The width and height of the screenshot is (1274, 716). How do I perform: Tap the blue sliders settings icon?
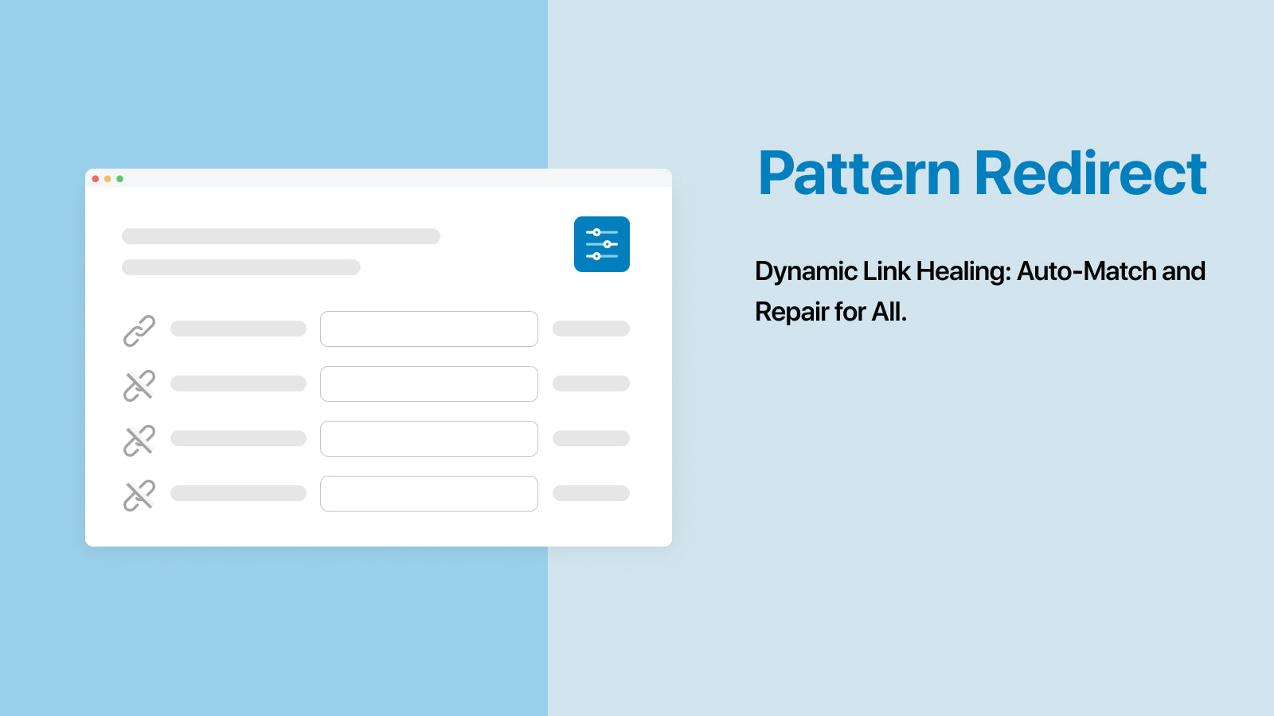(x=602, y=244)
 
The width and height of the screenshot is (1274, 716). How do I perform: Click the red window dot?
(x=96, y=179)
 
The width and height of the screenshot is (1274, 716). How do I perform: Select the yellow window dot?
(x=107, y=179)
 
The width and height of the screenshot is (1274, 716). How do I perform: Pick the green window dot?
(x=119, y=179)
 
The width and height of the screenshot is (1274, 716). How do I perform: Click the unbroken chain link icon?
(x=139, y=331)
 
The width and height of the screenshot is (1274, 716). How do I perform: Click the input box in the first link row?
(x=429, y=329)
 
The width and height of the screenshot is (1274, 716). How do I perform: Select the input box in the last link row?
(x=429, y=494)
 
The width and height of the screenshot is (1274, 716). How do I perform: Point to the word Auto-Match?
(x=1086, y=271)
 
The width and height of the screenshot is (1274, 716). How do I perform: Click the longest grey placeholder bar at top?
(x=281, y=236)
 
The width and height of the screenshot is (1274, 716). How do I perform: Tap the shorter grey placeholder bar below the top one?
(x=241, y=267)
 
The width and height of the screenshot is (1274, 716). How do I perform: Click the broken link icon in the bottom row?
(x=139, y=496)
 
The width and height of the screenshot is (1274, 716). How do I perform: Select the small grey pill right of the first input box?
(x=591, y=329)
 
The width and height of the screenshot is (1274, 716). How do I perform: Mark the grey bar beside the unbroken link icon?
(x=238, y=329)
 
